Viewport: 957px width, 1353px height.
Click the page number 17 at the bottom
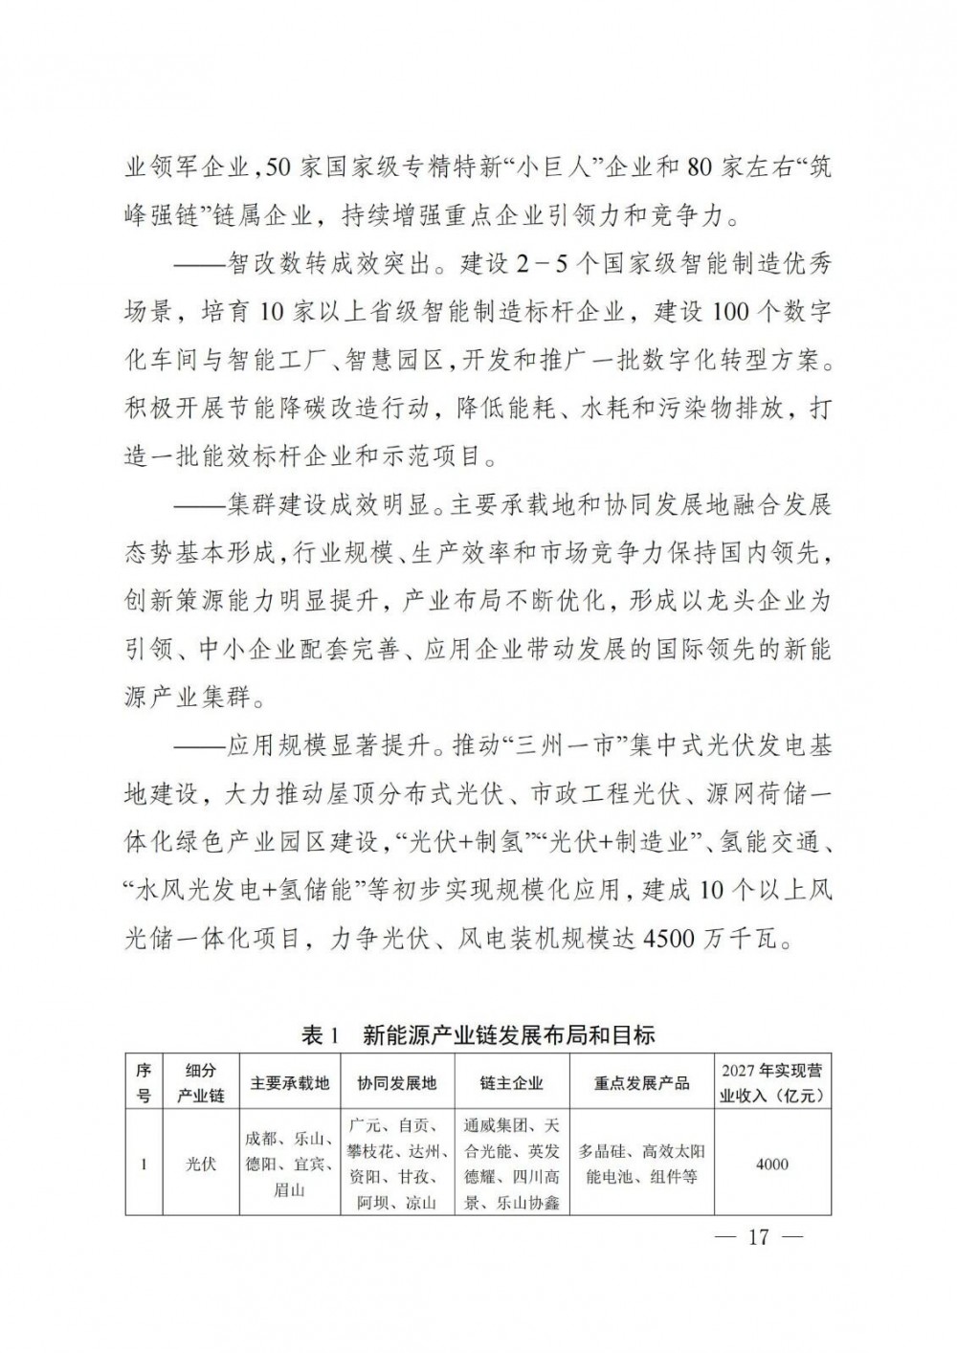coord(758,1237)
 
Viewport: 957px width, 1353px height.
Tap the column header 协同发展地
coord(397,1083)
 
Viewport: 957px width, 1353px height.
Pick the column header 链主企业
coord(511,1083)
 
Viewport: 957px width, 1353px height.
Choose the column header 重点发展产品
coord(642,1083)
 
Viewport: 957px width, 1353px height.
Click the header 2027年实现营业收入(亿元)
coord(772,1083)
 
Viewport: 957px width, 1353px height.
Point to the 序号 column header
coord(144,1083)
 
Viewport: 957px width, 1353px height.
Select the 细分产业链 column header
coord(201,1083)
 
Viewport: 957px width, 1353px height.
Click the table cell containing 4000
coord(772,1164)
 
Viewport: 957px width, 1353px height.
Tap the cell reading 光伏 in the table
coord(201,1164)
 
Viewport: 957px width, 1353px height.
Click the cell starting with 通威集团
coord(511,1164)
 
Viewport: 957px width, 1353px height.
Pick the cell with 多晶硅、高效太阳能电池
coord(642,1164)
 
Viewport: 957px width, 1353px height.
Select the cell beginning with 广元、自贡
coord(397,1164)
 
